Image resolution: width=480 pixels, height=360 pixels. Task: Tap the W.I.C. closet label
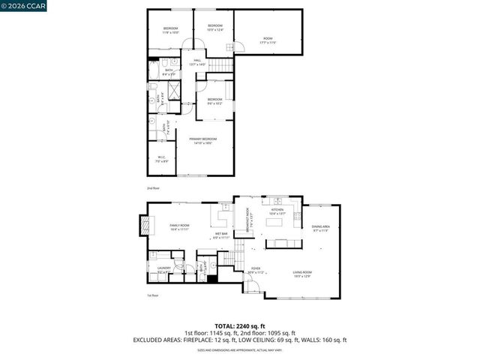point(160,159)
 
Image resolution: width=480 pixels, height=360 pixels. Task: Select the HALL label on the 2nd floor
point(198,62)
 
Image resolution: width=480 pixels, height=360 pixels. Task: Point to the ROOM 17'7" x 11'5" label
point(268,39)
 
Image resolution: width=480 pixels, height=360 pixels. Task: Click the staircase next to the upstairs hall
point(218,68)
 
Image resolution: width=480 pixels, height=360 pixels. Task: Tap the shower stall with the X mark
point(171,92)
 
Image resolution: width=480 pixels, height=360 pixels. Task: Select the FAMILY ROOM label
point(179,227)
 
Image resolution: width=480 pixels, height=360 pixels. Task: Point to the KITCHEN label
point(277,211)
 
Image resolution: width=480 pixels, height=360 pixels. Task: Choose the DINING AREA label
point(319,228)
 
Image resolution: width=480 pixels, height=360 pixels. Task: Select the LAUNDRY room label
point(163,271)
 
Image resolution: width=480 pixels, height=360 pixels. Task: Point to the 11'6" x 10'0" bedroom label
point(170,31)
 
